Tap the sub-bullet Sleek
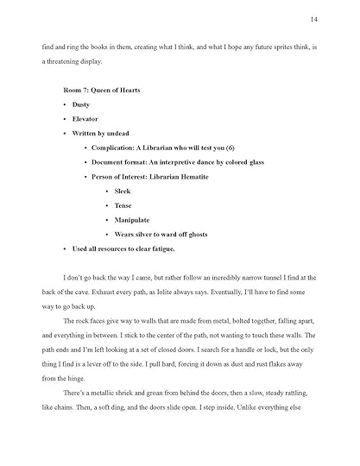pos(127,191)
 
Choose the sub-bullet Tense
pos(127,205)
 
